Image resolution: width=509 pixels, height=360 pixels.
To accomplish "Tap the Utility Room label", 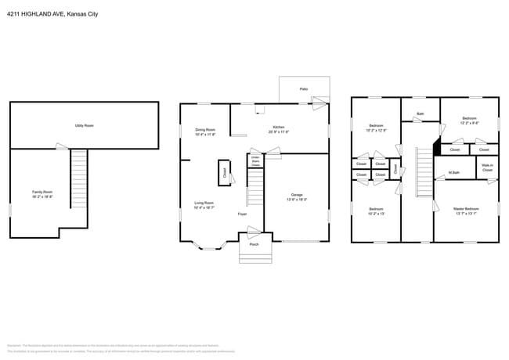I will (x=85, y=125).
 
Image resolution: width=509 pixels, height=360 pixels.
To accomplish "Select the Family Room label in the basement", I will (x=42, y=194).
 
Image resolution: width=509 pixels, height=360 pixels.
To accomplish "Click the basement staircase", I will (x=78, y=179).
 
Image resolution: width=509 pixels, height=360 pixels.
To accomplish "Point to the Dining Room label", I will (x=205, y=131).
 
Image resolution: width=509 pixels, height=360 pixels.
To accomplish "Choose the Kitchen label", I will (x=279, y=129).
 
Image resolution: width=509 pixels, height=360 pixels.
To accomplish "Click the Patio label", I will (x=304, y=89).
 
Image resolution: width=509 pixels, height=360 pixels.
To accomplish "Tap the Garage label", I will (x=298, y=197).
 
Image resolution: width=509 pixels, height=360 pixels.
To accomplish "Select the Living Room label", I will (x=204, y=205).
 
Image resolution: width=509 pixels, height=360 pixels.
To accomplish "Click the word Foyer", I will (x=244, y=213).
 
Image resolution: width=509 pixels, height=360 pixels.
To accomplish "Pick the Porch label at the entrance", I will (x=254, y=245).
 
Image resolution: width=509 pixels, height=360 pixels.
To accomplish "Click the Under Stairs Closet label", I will (x=255, y=161).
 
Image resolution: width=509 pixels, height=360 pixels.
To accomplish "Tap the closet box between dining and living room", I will (x=223, y=172).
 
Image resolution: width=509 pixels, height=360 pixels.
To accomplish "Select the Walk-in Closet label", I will (x=487, y=167).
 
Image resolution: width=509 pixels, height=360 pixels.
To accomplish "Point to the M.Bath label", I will (x=453, y=172).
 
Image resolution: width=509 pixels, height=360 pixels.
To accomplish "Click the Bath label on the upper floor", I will (x=421, y=114).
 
